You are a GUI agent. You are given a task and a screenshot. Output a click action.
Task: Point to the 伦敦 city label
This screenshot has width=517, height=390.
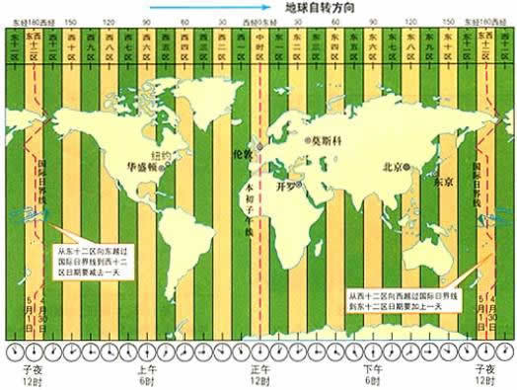tap(242, 155)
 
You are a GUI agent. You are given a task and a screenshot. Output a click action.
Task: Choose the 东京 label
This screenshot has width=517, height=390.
tap(440, 183)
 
